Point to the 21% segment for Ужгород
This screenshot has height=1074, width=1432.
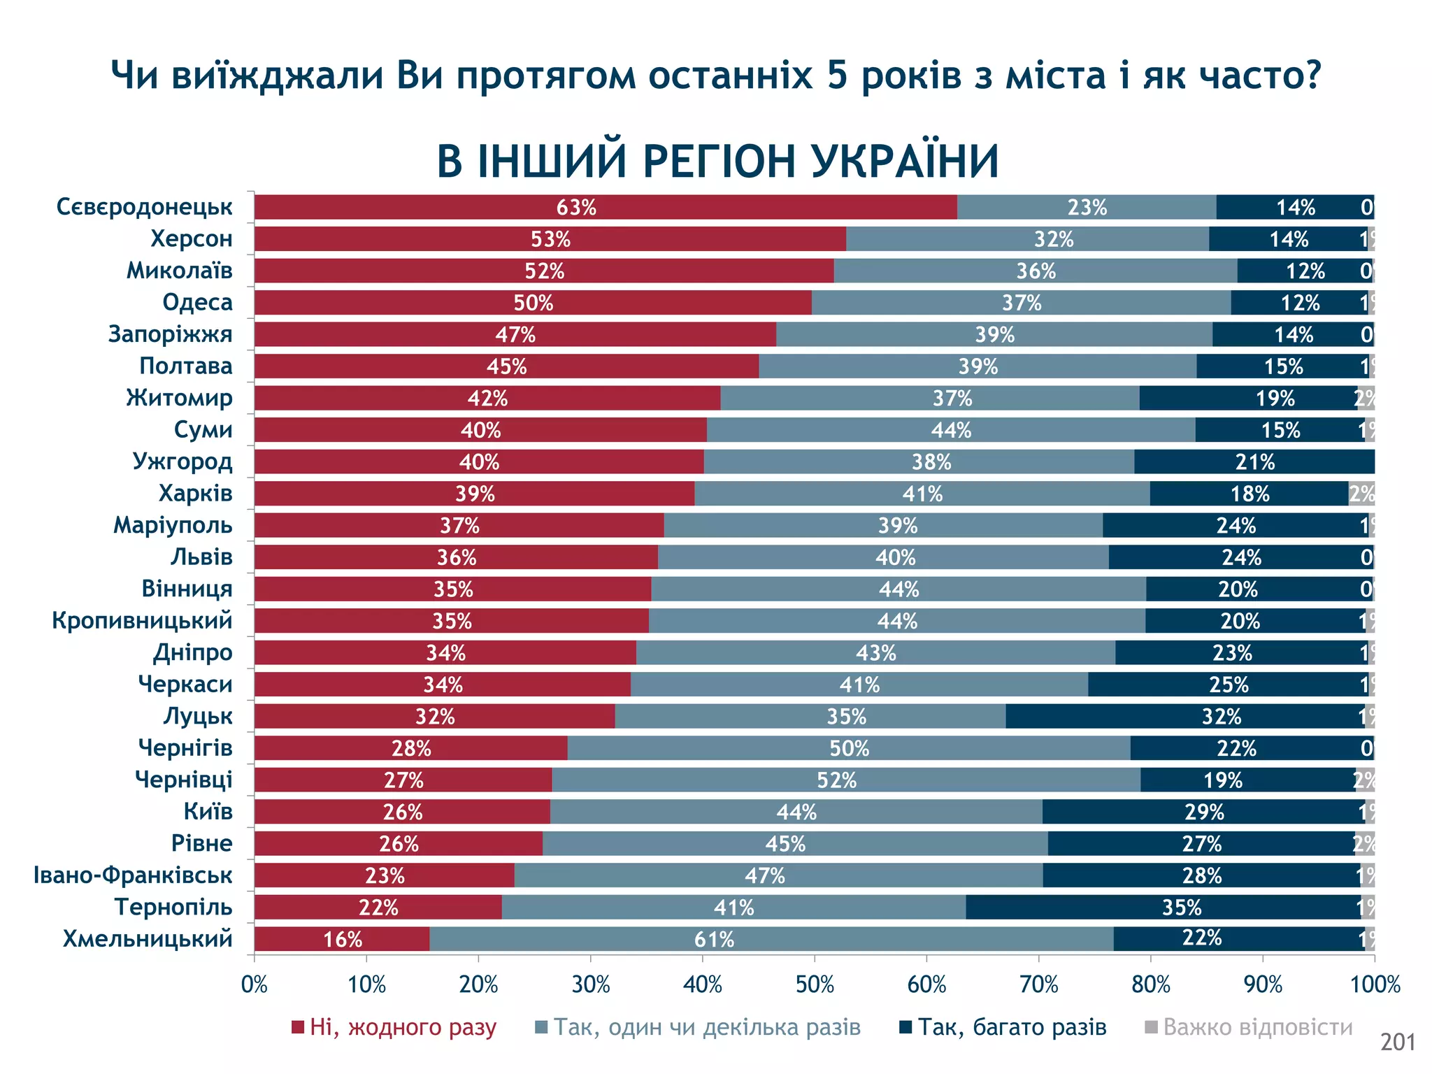point(1254,462)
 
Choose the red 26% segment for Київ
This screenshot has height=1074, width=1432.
point(402,812)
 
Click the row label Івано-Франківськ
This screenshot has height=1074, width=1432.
point(133,875)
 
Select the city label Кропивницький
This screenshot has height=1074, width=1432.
point(142,621)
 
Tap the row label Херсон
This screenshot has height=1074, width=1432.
point(191,239)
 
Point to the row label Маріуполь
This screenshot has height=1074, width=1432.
point(173,525)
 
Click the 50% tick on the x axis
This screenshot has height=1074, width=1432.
point(815,985)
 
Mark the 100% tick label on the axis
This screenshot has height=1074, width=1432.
point(1375,985)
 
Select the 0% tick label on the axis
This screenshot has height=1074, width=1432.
point(255,985)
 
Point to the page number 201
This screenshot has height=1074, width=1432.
point(1397,1043)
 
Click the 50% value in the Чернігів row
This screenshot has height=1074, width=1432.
point(849,749)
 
